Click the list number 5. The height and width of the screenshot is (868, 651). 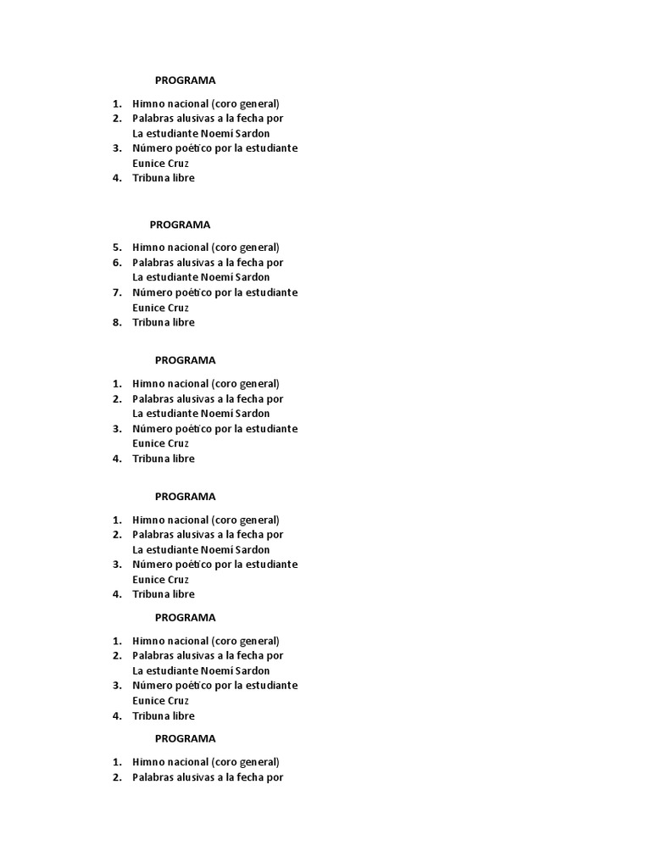pos(117,248)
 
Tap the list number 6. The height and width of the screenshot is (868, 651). pos(117,263)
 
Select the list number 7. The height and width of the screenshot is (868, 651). pos(117,292)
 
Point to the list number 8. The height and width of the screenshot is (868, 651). pos(117,322)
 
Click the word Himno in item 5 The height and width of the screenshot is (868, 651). pos(148,248)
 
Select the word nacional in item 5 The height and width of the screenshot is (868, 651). pos(187,248)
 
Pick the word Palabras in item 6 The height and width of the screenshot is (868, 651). pos(153,263)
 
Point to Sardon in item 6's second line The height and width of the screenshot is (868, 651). pos(252,277)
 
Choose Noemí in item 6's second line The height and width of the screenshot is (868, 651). pos(215,277)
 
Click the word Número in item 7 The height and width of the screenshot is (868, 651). pos(153,292)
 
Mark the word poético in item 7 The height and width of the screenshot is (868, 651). pos(196,292)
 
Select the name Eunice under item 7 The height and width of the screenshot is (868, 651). pos(148,308)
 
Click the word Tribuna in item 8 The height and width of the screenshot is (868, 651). pos(151,322)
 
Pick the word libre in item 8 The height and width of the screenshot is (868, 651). pos(183,322)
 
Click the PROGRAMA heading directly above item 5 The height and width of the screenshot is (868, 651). pos(180,225)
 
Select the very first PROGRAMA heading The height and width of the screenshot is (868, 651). pos(185,81)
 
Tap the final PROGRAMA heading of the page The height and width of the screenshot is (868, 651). pos(185,738)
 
